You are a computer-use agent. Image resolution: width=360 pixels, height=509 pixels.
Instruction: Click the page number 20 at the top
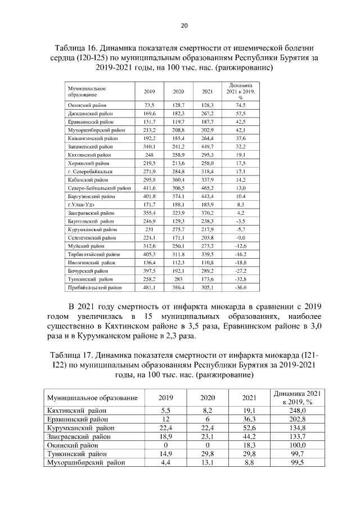click(184, 25)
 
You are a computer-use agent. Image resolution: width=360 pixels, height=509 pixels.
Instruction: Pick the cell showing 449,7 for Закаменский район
click(207, 145)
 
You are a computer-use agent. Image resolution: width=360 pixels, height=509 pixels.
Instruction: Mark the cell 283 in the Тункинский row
click(178, 278)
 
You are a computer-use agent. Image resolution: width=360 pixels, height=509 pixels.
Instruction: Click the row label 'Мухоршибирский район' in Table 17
click(85, 462)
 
